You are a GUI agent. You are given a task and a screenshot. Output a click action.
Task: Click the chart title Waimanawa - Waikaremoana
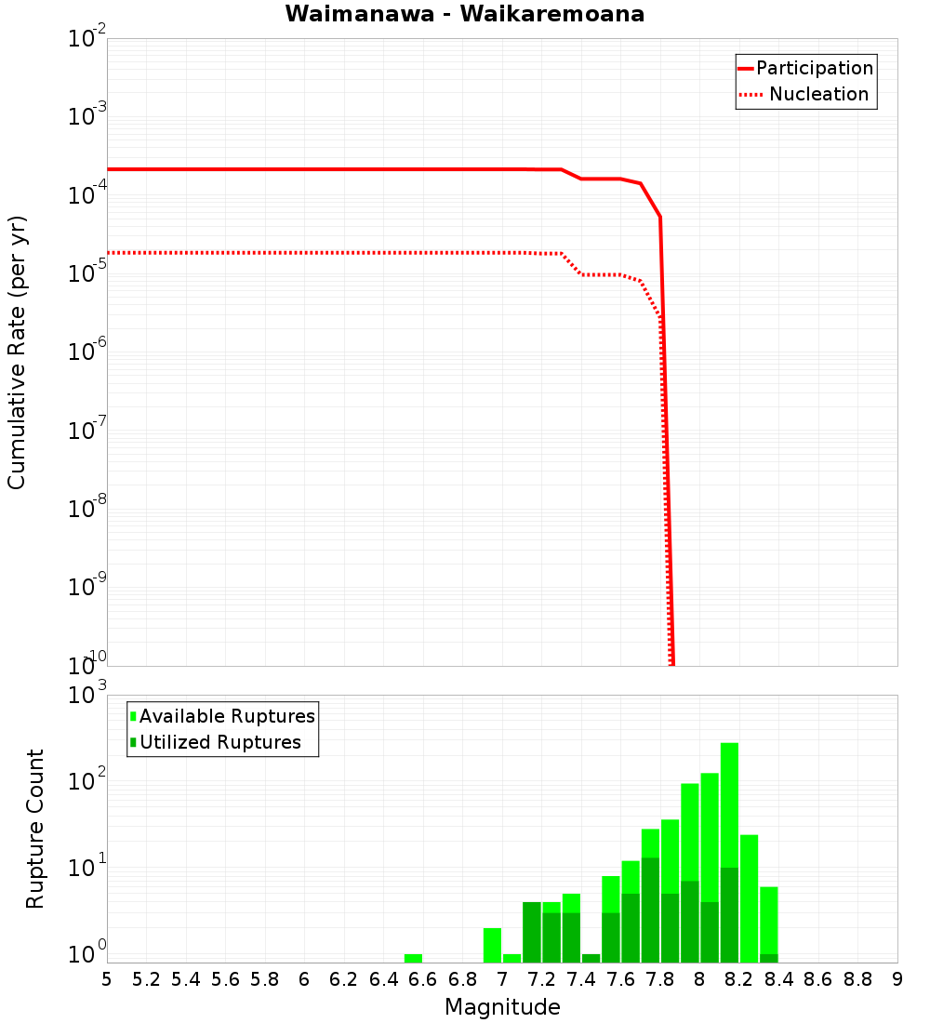(464, 14)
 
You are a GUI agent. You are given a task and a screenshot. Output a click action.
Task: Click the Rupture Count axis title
(35, 829)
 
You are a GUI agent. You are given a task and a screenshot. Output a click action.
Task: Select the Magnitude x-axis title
(502, 1007)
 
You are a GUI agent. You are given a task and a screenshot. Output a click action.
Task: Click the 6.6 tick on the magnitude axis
(423, 979)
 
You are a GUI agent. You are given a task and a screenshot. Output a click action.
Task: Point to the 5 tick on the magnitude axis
(107, 979)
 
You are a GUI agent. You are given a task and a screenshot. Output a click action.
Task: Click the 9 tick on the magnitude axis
(897, 979)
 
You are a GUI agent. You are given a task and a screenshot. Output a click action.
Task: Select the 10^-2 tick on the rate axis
(87, 40)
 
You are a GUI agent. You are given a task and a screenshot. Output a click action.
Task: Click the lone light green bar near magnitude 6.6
(414, 958)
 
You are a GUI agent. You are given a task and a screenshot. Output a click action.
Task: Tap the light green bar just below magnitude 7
(492, 945)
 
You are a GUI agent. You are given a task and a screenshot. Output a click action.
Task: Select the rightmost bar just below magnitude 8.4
(768, 921)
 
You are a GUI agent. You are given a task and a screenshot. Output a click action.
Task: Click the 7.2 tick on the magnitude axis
(541, 979)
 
